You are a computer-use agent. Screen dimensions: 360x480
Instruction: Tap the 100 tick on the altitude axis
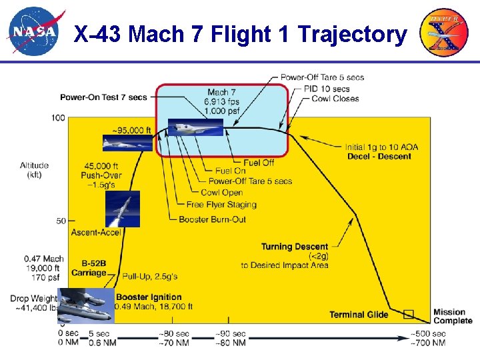coord(58,118)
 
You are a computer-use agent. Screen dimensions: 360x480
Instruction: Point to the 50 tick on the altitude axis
coord(61,221)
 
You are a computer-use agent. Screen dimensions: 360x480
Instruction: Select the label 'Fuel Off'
coord(258,162)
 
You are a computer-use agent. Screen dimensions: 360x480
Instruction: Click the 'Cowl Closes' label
coord(335,99)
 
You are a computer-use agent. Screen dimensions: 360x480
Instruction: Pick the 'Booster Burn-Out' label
coord(212,219)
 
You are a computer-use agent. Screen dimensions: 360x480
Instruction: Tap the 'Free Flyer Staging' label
coord(221,205)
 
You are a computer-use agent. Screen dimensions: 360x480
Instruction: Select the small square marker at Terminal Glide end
coord(408,314)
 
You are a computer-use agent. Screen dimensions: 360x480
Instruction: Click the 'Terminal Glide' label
coord(359,315)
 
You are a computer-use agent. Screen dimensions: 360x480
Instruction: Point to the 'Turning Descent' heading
coord(295,247)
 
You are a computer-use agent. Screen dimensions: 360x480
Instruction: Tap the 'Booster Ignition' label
coord(149,297)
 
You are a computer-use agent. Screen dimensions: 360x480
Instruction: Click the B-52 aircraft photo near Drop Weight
coord(85,305)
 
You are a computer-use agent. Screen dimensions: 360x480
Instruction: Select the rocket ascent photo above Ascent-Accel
coord(123,209)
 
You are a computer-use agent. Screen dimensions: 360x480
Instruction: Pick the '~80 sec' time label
coord(175,334)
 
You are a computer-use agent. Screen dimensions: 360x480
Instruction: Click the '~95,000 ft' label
coord(132,130)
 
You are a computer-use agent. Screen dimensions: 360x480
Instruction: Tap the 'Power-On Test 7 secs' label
coord(103,97)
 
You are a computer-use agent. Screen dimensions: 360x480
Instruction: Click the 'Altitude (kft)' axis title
coord(34,169)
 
